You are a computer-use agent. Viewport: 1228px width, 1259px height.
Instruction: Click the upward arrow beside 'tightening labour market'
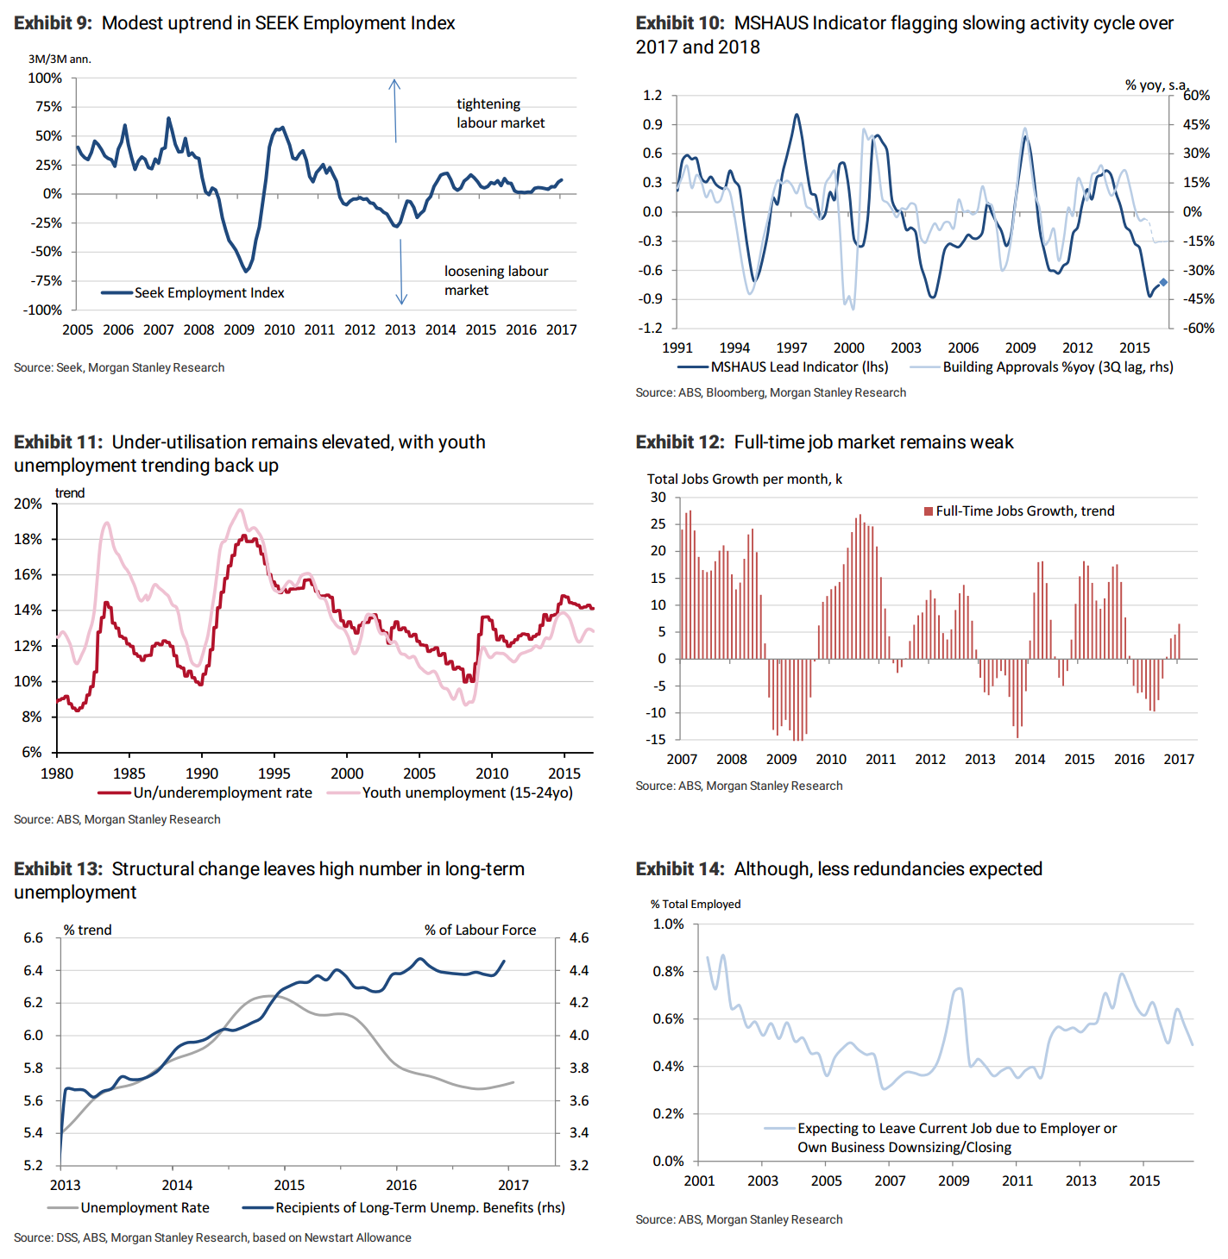394,110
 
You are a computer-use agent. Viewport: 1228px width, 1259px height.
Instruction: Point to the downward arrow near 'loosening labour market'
401,272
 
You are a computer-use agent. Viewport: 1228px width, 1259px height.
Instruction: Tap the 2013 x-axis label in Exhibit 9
400,329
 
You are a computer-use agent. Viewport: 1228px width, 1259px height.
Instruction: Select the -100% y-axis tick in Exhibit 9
44,310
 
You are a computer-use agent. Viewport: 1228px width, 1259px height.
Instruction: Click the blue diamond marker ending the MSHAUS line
1163,282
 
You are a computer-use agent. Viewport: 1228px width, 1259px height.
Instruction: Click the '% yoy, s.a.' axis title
1156,85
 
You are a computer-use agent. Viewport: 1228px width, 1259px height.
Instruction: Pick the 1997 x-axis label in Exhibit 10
791,348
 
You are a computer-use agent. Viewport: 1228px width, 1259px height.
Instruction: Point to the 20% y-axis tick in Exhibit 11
28,504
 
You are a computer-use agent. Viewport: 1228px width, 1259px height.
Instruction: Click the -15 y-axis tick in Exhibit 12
658,739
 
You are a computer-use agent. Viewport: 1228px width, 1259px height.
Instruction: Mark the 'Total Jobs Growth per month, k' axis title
744,479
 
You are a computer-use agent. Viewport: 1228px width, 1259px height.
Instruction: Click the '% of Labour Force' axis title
480,930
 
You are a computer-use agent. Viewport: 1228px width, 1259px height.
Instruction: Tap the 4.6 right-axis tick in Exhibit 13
579,937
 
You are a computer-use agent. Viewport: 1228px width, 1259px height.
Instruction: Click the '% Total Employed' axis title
696,904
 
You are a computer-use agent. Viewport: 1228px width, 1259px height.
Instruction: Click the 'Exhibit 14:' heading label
680,868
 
